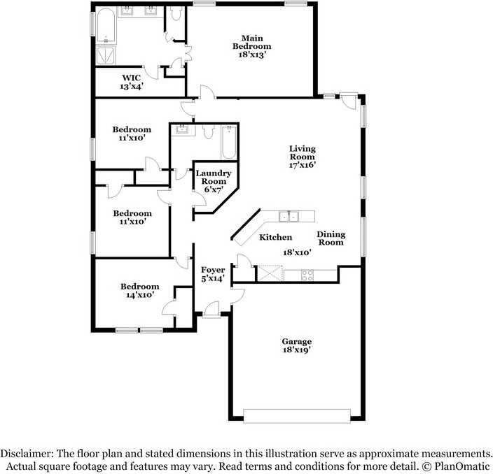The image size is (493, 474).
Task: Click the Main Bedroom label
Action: pyautogui.click(x=252, y=46)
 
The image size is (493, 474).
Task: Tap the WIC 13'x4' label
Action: pyautogui.click(x=132, y=82)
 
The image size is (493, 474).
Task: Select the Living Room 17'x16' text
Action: pyautogui.click(x=303, y=157)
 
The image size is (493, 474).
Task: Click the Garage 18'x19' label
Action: pyautogui.click(x=297, y=345)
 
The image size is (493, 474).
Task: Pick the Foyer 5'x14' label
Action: pyautogui.click(x=213, y=274)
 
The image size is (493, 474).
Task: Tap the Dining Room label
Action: pyautogui.click(x=331, y=238)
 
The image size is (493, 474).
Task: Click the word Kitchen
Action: pyautogui.click(x=276, y=238)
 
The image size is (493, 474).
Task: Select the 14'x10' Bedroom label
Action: pyautogui.click(x=139, y=290)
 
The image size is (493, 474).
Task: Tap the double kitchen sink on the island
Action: pyautogui.click(x=288, y=215)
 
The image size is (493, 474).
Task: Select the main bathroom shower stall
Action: pyautogui.click(x=106, y=55)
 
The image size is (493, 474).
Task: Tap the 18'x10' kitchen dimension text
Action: pyautogui.click(x=297, y=252)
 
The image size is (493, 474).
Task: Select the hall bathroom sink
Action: pyautogui.click(x=181, y=129)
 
